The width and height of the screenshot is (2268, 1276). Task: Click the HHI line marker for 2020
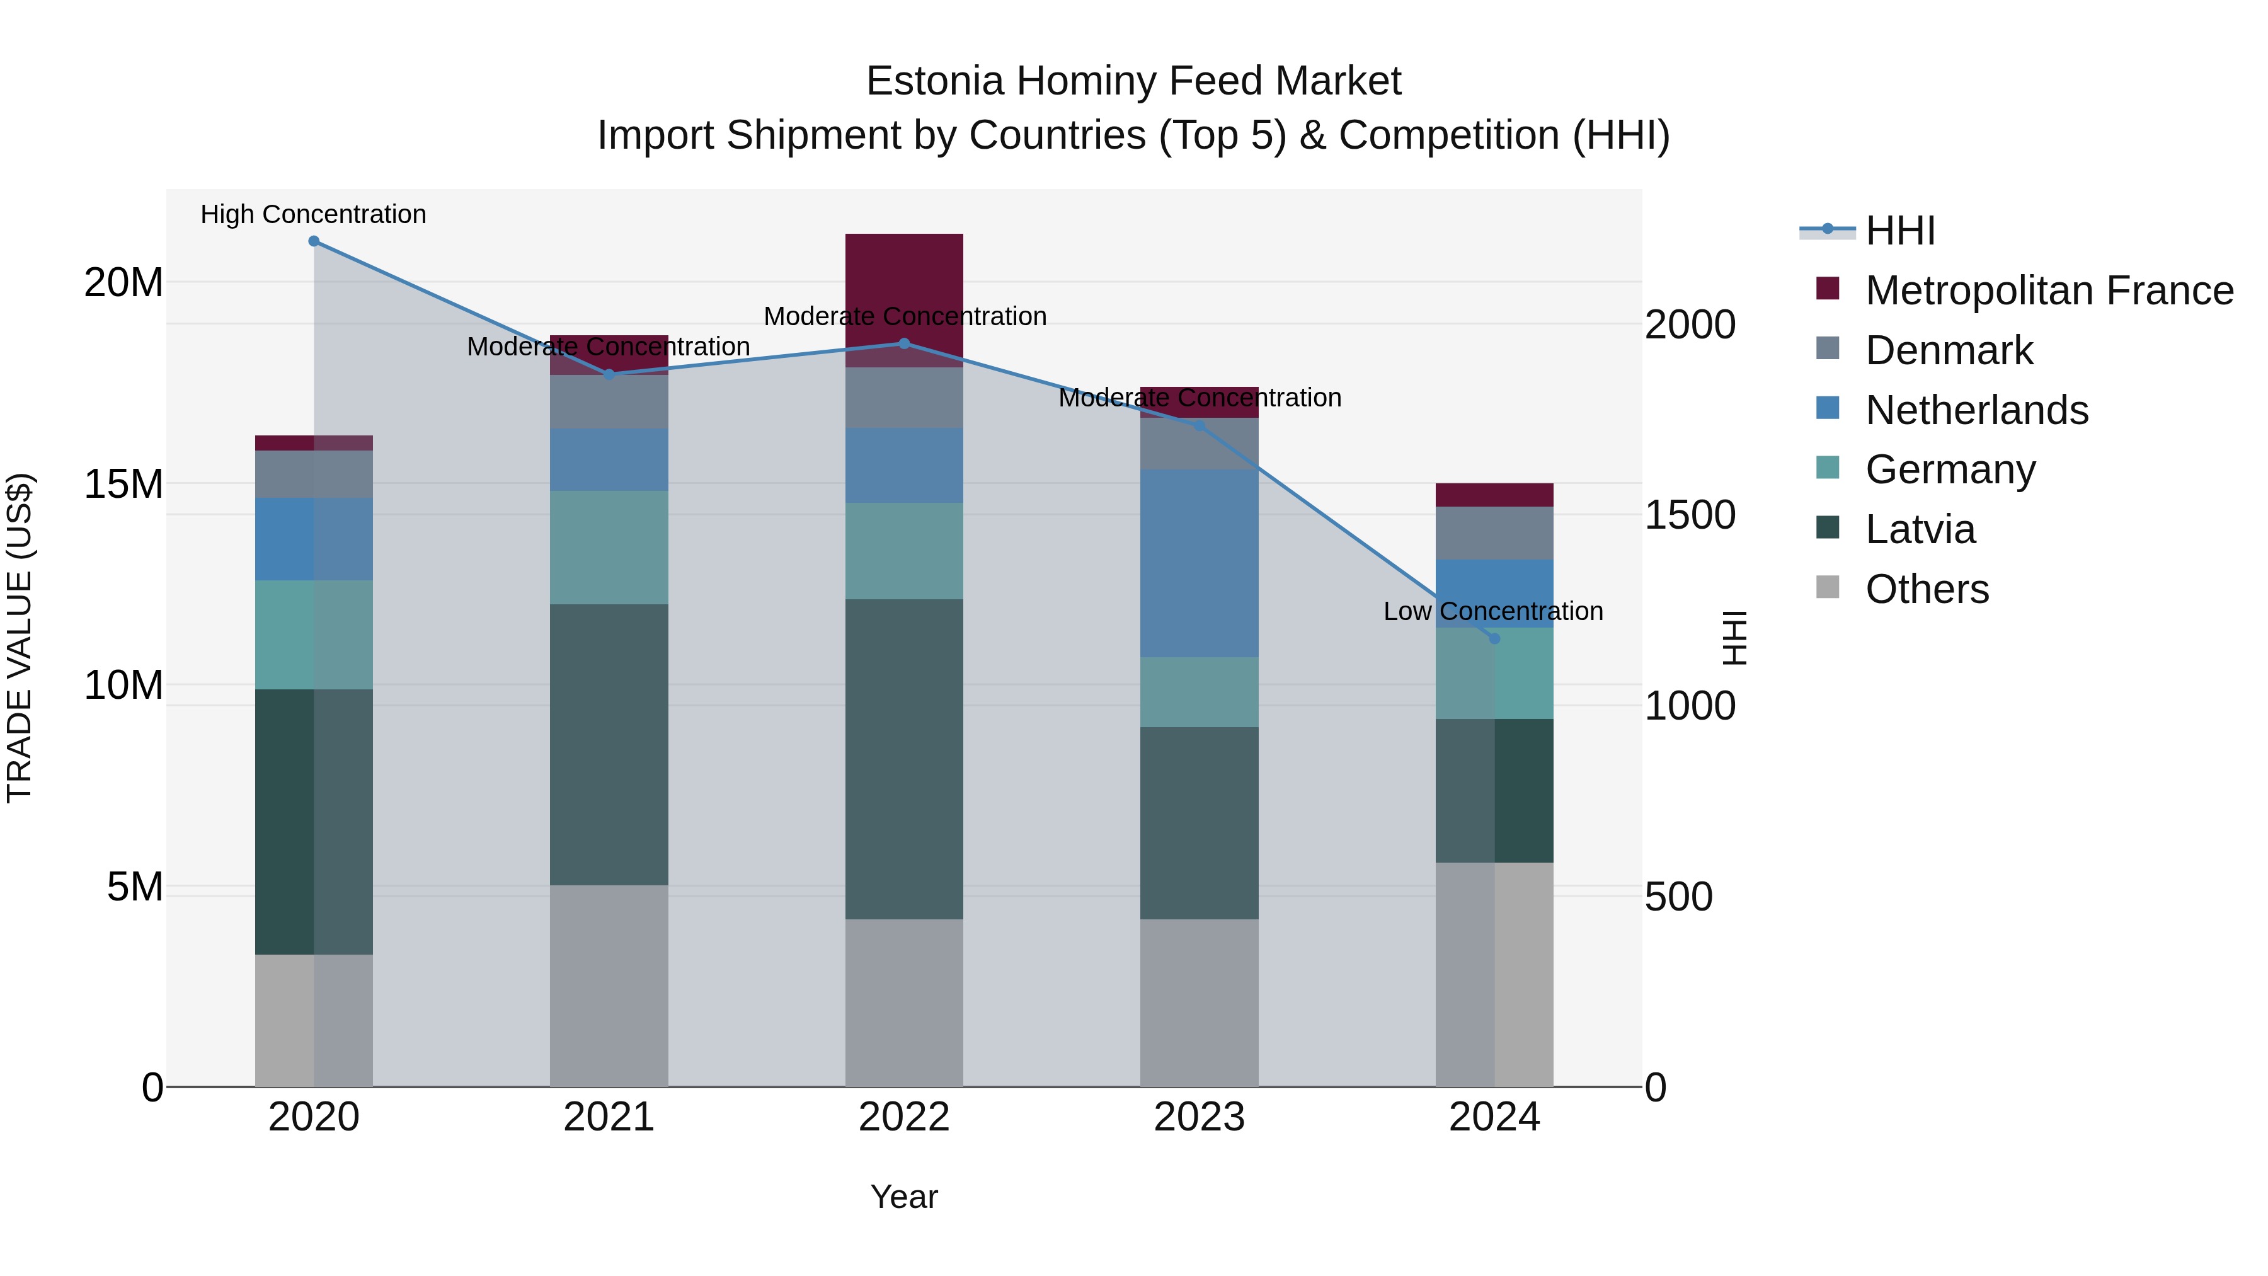click(314, 241)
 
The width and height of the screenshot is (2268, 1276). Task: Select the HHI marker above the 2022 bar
click(904, 343)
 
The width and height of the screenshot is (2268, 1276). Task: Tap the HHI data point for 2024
click(1494, 638)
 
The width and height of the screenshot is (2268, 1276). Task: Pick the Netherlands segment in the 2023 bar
click(1199, 563)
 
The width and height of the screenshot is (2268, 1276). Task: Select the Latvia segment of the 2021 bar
click(609, 744)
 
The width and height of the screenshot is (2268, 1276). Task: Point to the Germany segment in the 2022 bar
click(904, 551)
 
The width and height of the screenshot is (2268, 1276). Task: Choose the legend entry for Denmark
click(1949, 350)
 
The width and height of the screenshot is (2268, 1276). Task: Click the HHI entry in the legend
click(1900, 231)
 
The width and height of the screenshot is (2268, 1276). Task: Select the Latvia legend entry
click(1920, 529)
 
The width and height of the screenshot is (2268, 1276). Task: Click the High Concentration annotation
click(314, 215)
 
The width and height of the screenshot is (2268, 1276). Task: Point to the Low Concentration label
click(1493, 611)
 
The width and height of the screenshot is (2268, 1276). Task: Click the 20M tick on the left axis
click(123, 283)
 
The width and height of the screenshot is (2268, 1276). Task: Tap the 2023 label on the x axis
click(1199, 1117)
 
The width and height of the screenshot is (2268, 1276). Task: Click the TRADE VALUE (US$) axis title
click(20, 638)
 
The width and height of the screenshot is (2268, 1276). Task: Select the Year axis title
click(904, 1197)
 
